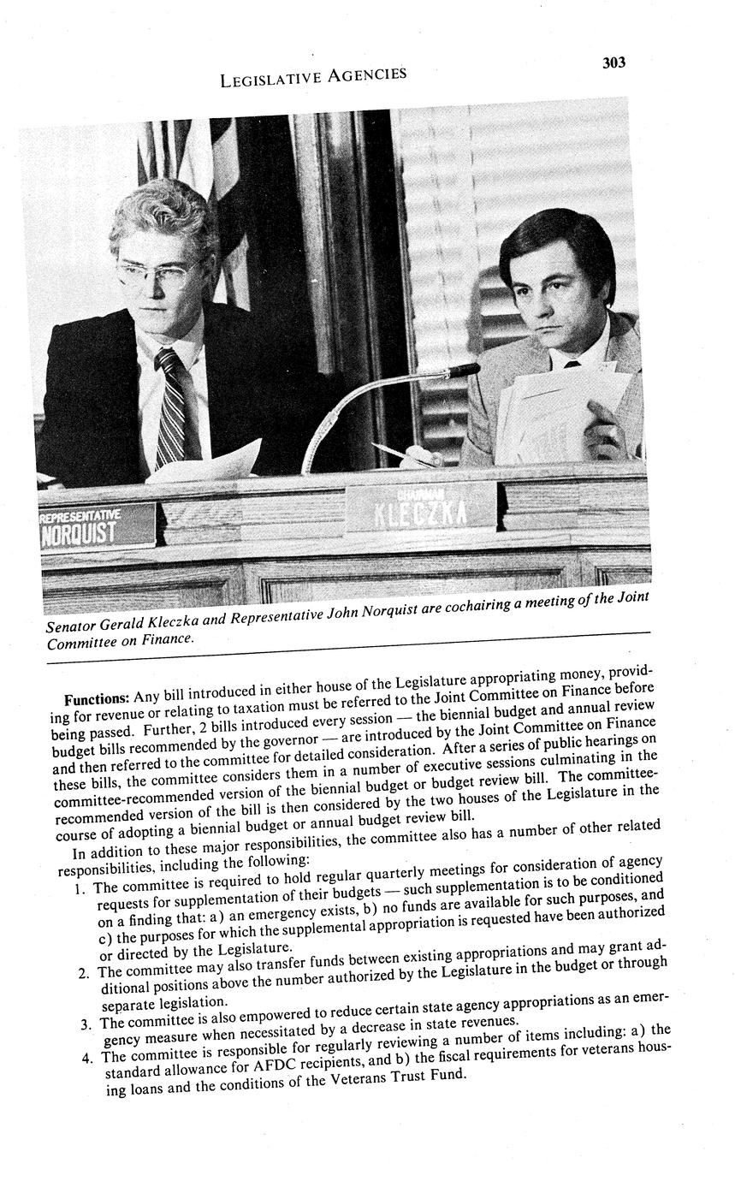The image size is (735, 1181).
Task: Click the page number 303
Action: click(x=613, y=62)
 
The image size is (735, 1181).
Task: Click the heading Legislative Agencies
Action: click(x=313, y=77)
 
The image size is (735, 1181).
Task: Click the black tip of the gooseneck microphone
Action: click(x=465, y=371)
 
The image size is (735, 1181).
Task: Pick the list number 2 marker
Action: click(x=83, y=974)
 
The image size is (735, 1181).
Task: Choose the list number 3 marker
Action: click(x=86, y=1024)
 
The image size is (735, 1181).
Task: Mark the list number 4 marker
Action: click(x=88, y=1058)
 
